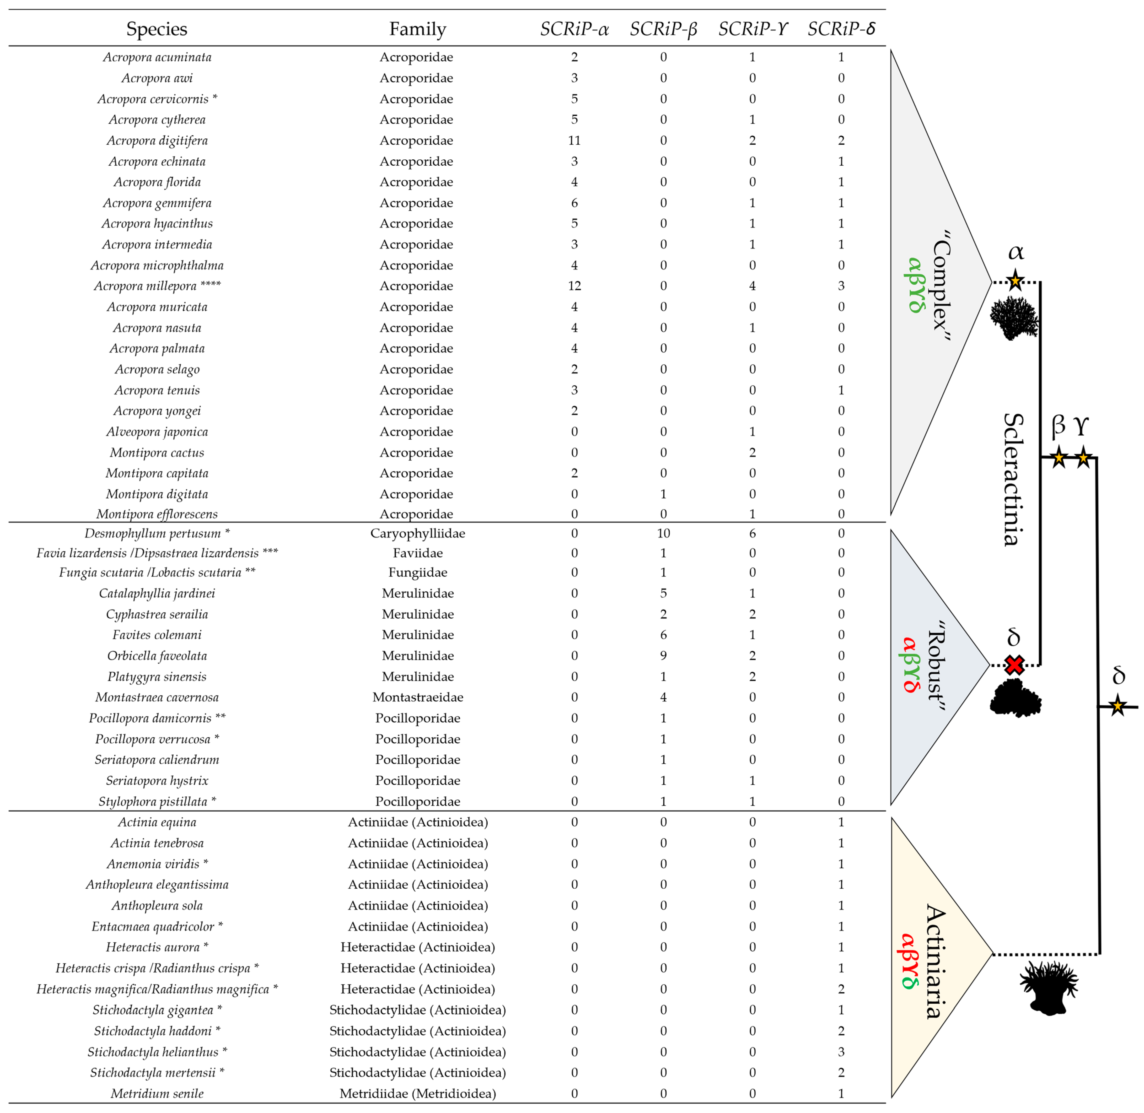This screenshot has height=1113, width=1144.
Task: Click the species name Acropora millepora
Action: [x=145, y=286]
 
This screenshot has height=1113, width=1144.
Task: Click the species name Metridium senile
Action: [x=157, y=1093]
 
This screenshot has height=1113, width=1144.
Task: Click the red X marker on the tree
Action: [x=1014, y=665]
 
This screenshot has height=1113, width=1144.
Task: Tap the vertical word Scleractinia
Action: [x=1014, y=479]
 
